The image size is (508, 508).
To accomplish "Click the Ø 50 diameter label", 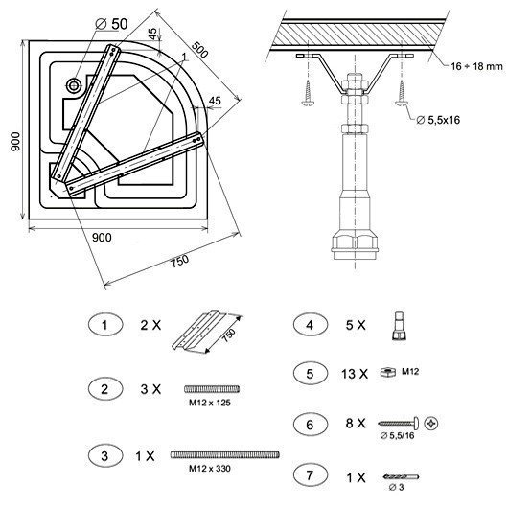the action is (x=112, y=24).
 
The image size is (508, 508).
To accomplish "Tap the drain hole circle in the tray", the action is (x=74, y=85).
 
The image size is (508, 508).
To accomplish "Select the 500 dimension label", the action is (x=199, y=49).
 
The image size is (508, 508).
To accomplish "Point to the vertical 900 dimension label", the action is (x=15, y=142).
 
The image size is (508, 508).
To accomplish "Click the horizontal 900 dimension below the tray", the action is (x=102, y=238).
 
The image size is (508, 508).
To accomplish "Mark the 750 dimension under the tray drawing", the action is (x=180, y=261).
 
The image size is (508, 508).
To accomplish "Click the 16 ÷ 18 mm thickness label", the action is (x=476, y=66).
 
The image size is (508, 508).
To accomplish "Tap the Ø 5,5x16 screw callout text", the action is (x=438, y=120).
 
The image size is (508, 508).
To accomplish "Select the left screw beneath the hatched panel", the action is (x=307, y=93).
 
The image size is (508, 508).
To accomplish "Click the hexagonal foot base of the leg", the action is (x=355, y=243).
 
